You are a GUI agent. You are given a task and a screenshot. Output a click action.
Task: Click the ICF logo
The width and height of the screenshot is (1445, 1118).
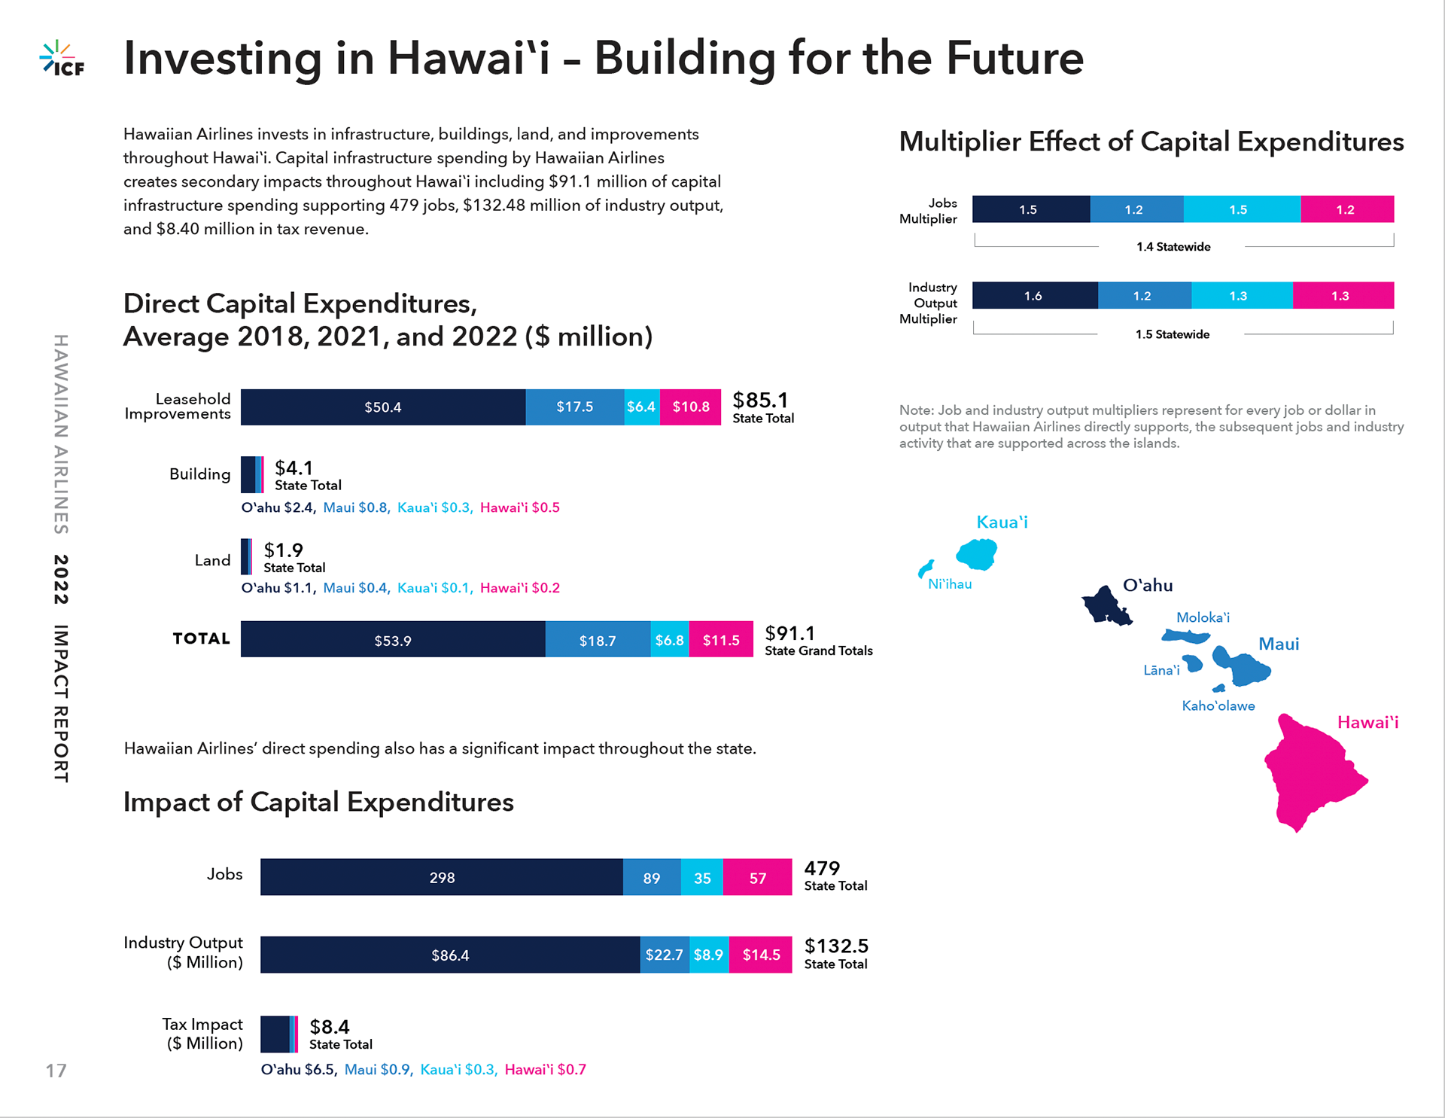(x=62, y=59)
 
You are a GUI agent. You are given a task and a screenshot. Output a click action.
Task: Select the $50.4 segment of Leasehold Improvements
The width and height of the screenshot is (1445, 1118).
(x=382, y=407)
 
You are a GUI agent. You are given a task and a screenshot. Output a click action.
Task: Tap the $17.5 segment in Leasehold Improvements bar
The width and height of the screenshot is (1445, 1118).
(x=574, y=407)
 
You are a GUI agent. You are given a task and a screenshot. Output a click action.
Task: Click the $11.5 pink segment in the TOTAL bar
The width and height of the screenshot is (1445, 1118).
(x=720, y=640)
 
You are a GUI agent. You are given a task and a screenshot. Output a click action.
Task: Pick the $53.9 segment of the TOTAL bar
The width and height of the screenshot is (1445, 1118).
(x=392, y=640)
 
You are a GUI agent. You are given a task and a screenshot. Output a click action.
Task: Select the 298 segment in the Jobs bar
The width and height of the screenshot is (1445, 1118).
(x=442, y=878)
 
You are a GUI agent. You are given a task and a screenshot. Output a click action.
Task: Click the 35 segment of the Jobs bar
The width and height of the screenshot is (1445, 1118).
(x=702, y=878)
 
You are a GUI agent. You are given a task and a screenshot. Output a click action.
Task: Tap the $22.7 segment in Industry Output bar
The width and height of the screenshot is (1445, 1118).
(x=664, y=955)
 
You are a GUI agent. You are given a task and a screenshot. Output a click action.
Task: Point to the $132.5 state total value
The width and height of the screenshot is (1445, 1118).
(x=836, y=946)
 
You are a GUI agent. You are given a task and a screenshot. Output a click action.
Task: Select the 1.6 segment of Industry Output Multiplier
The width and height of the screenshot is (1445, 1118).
(x=1033, y=296)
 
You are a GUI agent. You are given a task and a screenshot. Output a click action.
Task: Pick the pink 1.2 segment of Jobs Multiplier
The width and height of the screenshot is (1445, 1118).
(x=1346, y=209)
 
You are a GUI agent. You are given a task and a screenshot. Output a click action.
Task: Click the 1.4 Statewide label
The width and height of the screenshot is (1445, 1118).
(x=1173, y=247)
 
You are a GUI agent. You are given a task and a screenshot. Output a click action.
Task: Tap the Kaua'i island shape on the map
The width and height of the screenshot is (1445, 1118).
(x=977, y=555)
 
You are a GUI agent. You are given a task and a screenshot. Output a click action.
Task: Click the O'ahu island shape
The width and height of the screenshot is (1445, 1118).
(x=1105, y=605)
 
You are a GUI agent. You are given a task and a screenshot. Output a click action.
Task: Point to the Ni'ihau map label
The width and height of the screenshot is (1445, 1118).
(x=950, y=584)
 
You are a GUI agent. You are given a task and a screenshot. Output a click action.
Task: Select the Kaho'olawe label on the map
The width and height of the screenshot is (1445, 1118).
(x=1218, y=706)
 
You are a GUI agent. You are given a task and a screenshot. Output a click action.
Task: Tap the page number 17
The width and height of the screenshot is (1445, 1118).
(x=56, y=1071)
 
